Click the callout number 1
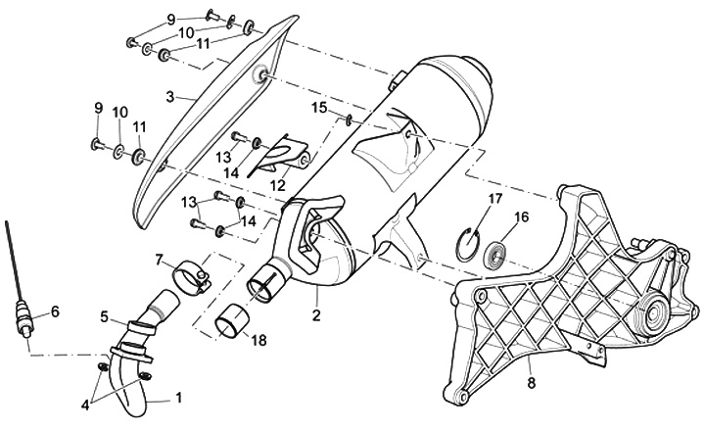pos(178,398)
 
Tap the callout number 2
pos(316,315)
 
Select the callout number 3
pos(169,97)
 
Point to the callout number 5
pos(105,317)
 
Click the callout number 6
pos(55,311)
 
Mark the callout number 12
pos(278,184)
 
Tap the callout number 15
pos(319,106)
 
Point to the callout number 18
pos(258,340)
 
